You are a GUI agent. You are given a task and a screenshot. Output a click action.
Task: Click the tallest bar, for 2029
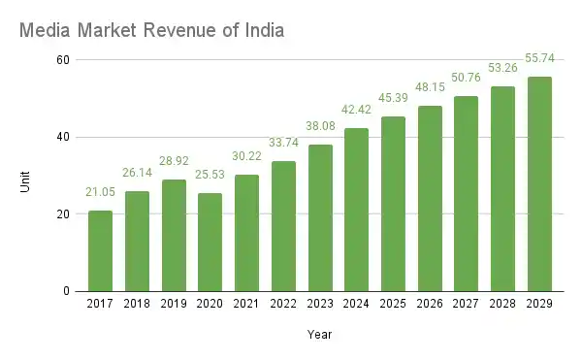[539, 183]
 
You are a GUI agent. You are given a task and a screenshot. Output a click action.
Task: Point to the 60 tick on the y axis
[63, 60]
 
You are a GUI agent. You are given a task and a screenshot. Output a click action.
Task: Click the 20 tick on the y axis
[63, 214]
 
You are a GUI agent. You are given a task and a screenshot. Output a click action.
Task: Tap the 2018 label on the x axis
[137, 306]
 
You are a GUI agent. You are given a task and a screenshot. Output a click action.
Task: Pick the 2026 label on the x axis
[430, 306]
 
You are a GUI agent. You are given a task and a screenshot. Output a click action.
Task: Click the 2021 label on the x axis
[246, 306]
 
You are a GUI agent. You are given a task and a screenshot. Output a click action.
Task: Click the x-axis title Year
[320, 336]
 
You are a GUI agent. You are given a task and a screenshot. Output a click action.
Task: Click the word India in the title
[262, 31]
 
